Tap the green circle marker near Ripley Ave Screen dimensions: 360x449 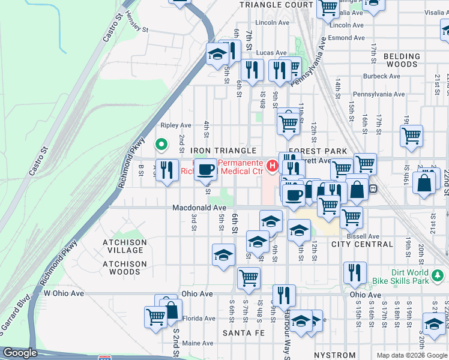click(161, 144)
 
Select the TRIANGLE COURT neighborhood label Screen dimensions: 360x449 click(276, 4)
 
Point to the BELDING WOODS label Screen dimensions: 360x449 click(402, 60)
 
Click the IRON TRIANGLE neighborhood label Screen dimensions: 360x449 click(223, 151)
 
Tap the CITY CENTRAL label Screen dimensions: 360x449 click(362, 244)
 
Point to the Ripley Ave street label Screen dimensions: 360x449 click(175, 125)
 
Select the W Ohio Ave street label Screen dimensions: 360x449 click(64, 293)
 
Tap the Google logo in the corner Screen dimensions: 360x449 click(20, 353)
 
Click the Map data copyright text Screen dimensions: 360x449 click(412, 355)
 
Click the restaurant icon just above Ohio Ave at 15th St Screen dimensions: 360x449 click(355, 272)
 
